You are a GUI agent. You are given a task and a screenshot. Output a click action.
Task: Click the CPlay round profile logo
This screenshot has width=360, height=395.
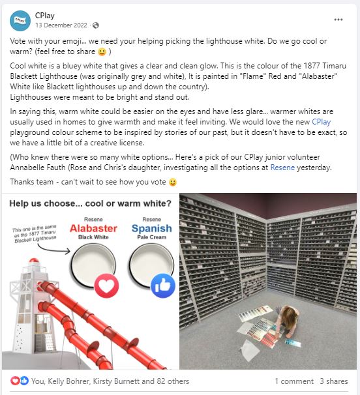pyautogui.click(x=20, y=21)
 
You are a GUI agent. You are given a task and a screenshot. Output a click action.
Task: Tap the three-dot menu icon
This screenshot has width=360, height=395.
pyautogui.click(x=338, y=20)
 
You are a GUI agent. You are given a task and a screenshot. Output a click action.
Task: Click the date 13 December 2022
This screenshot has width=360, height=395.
pyautogui.click(x=61, y=25)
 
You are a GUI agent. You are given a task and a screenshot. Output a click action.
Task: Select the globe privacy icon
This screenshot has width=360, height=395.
pyautogui.click(x=96, y=25)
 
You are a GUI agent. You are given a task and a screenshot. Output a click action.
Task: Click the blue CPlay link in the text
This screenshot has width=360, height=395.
pyautogui.click(x=321, y=122)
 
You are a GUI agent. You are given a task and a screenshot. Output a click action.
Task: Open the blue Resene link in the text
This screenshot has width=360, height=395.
pyautogui.click(x=282, y=168)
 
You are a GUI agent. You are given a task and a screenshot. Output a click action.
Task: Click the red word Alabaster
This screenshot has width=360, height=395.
pyautogui.click(x=93, y=229)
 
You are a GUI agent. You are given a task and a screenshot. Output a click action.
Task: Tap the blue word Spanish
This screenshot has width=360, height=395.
pyautogui.click(x=152, y=229)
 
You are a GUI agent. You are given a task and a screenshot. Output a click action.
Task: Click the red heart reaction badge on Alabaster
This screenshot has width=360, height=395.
pyautogui.click(x=106, y=285)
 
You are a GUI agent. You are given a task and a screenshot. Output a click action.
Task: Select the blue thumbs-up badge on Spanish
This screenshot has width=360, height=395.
pyautogui.click(x=163, y=285)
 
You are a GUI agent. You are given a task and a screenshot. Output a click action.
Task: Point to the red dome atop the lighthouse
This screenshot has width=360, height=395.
pyautogui.click(x=34, y=261)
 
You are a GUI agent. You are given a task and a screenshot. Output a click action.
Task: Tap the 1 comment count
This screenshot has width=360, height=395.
pyautogui.click(x=294, y=381)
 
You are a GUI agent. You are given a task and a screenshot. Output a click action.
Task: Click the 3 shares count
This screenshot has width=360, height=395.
pyautogui.click(x=334, y=381)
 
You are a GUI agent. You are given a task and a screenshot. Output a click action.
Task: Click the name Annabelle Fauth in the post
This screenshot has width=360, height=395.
pyautogui.click(x=38, y=168)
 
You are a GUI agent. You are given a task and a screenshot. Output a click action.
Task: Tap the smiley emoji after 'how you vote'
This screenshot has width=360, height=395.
pyautogui.click(x=173, y=182)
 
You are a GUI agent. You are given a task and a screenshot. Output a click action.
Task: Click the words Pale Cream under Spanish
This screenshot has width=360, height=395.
pyautogui.click(x=152, y=237)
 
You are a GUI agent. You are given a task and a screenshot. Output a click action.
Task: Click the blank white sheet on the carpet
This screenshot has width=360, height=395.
pyautogui.click(x=250, y=349)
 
